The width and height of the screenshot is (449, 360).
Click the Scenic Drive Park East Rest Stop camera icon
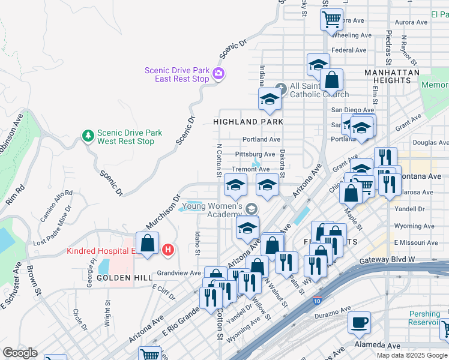click(218, 74)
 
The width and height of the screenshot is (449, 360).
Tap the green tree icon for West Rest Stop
click(88, 136)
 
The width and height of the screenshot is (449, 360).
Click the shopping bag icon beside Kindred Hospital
click(147, 243)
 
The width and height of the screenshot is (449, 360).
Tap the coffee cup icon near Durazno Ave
click(360, 322)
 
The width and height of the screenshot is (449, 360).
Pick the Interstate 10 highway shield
click(316, 300)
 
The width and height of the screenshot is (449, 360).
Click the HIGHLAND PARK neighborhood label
click(248, 121)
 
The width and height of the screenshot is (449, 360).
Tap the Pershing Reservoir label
click(428, 319)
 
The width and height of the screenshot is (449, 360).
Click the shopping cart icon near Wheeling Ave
click(331, 20)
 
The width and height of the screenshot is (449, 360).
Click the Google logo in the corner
click(20, 353)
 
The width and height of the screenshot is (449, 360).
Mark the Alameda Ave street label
click(377, 346)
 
